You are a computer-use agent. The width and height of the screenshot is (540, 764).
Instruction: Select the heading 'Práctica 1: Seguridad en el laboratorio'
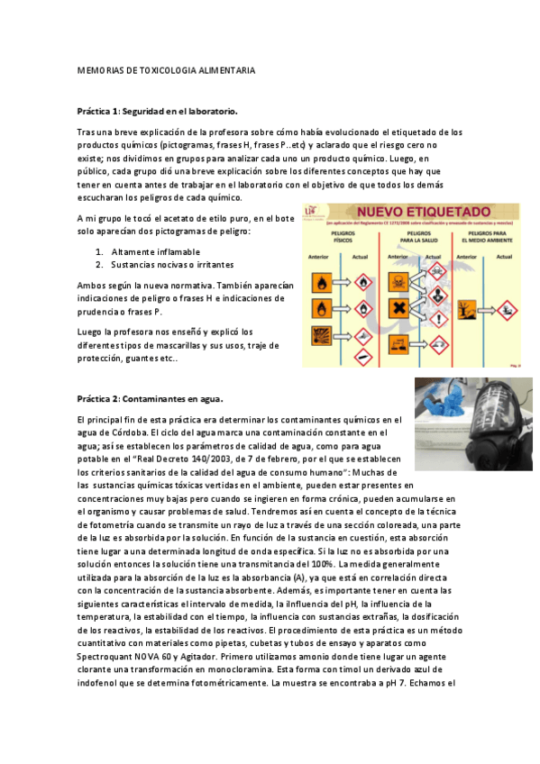point(158,112)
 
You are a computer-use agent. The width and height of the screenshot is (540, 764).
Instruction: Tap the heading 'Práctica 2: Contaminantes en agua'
point(151,398)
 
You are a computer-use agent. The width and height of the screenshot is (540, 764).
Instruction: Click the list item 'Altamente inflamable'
point(155,251)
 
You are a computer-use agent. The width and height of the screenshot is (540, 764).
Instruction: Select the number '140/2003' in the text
point(202,458)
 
